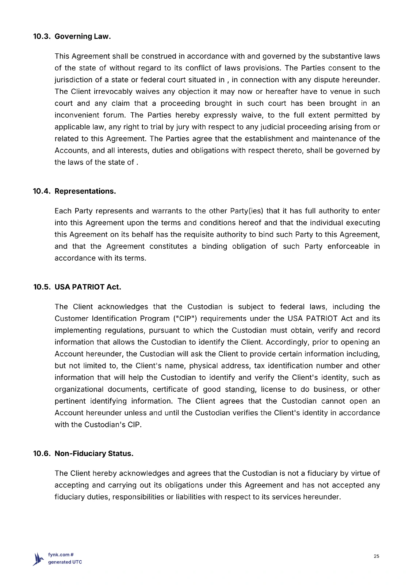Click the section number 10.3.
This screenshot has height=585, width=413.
[x=41, y=37]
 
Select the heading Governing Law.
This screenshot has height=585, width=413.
[x=83, y=37]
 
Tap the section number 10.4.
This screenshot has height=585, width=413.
[x=42, y=191]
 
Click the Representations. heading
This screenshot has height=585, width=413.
[x=85, y=191]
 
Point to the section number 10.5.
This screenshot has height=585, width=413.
[x=42, y=287]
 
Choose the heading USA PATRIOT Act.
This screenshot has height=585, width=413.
[x=88, y=287]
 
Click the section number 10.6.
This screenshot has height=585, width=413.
[x=42, y=454]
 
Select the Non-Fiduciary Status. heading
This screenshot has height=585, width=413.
[x=94, y=454]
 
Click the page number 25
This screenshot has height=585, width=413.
[x=376, y=556]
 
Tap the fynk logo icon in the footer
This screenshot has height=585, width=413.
[x=38, y=559]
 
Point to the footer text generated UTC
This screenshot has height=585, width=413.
[x=65, y=562]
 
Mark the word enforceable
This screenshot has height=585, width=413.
[x=348, y=246]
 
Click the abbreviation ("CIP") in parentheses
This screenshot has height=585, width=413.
[x=185, y=319]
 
